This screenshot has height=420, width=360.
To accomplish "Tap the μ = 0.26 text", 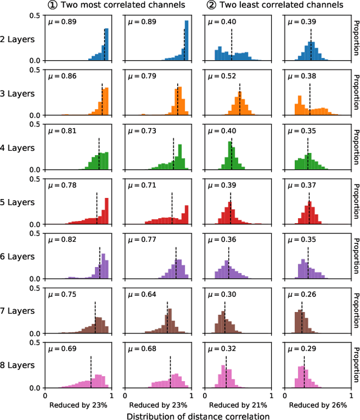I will [x=300, y=294].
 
